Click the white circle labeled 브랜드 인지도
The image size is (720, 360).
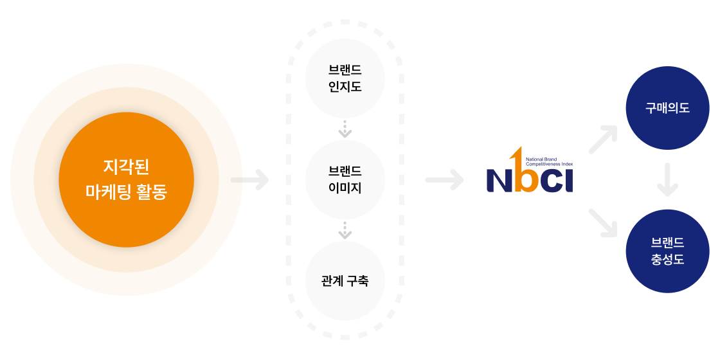[345, 78]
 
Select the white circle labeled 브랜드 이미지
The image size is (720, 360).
[345, 179]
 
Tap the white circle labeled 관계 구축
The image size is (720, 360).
[345, 281]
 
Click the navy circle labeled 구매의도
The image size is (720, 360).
[667, 108]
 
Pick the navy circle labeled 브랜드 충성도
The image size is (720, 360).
[667, 251]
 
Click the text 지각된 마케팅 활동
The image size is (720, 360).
[126, 179]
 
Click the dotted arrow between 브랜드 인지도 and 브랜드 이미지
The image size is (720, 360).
[345, 129]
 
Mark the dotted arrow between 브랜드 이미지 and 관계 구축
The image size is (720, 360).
[345, 230]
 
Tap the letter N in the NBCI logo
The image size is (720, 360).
[499, 181]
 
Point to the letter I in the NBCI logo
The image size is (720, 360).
[568, 181]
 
